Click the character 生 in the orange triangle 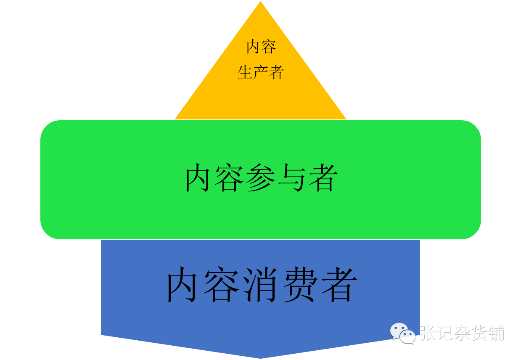point(245,72)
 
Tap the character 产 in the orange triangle point(261,72)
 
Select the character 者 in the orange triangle point(276,72)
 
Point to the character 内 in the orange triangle point(253,47)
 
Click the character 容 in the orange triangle point(269,47)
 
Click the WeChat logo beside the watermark point(402,333)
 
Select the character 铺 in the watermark point(496,333)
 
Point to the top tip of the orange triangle point(261,2)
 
